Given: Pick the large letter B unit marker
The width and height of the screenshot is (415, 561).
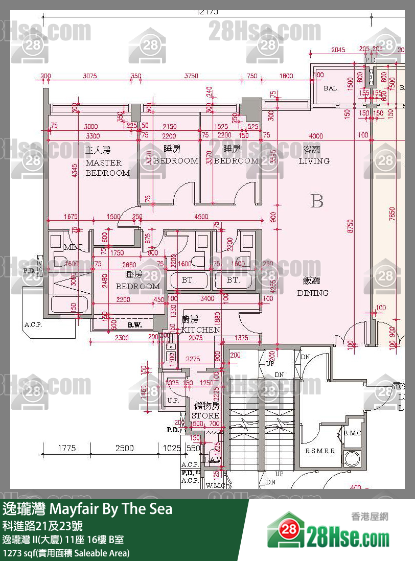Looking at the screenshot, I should coord(317,201).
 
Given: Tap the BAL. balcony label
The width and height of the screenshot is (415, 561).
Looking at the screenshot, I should coord(331,88).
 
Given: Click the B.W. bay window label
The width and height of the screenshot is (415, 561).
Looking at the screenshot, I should coord(135,324).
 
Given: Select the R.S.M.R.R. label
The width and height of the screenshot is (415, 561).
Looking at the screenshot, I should coord(320,451).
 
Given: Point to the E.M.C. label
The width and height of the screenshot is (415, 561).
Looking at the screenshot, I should coord(353,433).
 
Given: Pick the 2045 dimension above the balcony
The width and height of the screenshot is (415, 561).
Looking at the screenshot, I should coord(338,50).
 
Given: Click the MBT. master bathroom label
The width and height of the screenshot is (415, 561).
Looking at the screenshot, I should coord(73,247).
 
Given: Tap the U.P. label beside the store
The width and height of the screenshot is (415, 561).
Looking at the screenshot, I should coord(173,400).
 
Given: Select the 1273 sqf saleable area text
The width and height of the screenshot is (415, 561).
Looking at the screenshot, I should coord(66,553).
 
